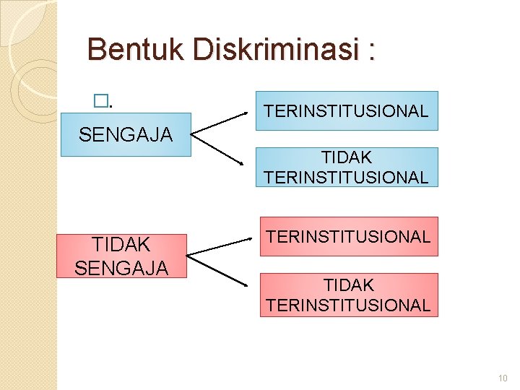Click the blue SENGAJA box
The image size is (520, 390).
click(x=126, y=134)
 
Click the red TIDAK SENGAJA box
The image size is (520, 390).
click(x=121, y=256)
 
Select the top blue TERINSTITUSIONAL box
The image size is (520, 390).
click(x=347, y=110)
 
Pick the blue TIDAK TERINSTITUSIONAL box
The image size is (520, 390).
click(x=347, y=167)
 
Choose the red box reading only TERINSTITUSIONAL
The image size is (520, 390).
click(x=349, y=236)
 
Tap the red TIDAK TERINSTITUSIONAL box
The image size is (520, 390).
click(x=348, y=295)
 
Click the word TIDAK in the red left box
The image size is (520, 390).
click(x=121, y=245)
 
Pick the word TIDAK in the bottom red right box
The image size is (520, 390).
click(x=348, y=285)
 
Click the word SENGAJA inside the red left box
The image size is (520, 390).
click(x=121, y=267)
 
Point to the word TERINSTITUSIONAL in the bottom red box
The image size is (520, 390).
click(x=348, y=305)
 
